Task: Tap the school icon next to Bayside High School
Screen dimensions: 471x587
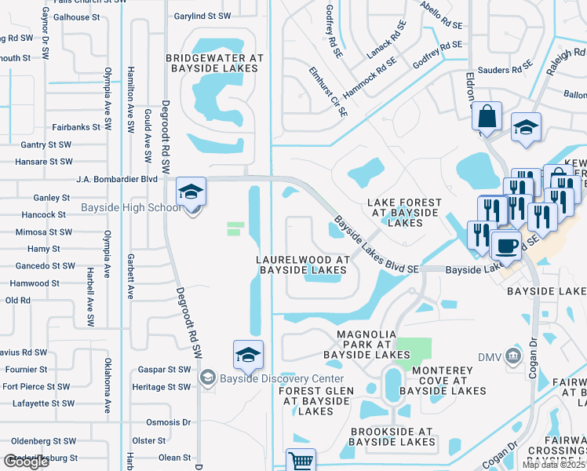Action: tap(191, 192)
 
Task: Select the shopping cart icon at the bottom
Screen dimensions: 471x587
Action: tap(300, 461)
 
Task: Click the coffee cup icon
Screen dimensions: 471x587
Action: tap(506, 245)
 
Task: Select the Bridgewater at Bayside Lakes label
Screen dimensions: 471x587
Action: tap(212, 63)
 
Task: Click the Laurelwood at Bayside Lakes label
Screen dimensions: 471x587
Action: tap(302, 265)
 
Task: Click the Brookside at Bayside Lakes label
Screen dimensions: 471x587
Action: tap(392, 436)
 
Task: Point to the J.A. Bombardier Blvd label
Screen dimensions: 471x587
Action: tap(117, 179)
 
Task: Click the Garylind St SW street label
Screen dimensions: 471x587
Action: tap(202, 16)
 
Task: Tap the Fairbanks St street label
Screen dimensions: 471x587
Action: tap(77, 126)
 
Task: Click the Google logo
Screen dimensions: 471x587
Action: tap(27, 462)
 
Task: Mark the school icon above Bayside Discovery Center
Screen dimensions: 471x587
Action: tap(248, 355)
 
